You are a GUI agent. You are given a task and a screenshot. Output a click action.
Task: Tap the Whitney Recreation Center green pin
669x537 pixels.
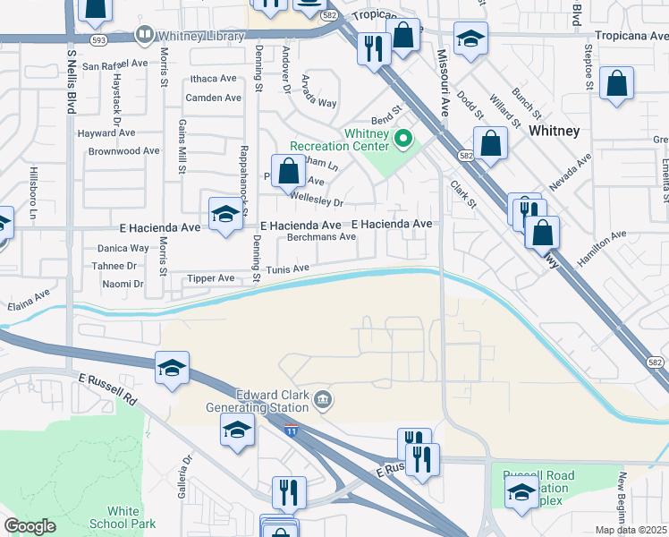402,139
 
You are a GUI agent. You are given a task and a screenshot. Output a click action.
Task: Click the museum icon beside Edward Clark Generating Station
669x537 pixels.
324,399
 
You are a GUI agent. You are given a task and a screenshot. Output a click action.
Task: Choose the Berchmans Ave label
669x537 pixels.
321,237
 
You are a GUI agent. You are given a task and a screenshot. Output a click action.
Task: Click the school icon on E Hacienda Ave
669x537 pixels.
224,213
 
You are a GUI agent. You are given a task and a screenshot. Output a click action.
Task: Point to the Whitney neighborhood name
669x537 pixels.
554,131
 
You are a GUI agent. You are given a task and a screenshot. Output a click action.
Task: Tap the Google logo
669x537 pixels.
30,526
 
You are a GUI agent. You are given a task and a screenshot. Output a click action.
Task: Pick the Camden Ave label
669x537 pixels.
214,98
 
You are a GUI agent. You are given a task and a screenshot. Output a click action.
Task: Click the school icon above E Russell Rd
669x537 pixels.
173,368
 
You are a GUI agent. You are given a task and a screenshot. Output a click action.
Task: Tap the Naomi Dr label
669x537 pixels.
123,284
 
